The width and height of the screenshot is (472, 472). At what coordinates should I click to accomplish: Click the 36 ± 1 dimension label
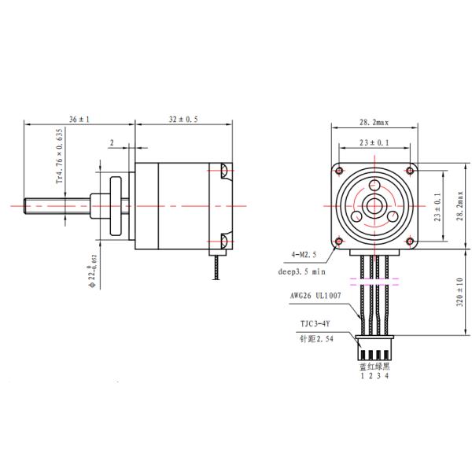point(79,119)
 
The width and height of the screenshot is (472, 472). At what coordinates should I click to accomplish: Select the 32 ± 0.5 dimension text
point(183,119)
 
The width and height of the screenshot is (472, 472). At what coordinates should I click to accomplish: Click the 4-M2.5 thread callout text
point(304,254)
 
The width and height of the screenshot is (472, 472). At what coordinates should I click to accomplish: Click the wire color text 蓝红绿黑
point(375,365)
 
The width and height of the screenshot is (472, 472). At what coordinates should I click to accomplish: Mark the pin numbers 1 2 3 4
point(375,375)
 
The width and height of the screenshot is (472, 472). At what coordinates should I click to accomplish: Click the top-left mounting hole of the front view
point(340,170)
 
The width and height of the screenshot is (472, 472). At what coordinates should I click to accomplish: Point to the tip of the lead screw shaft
point(28,205)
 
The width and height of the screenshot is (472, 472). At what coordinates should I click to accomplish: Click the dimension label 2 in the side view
point(112,142)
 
